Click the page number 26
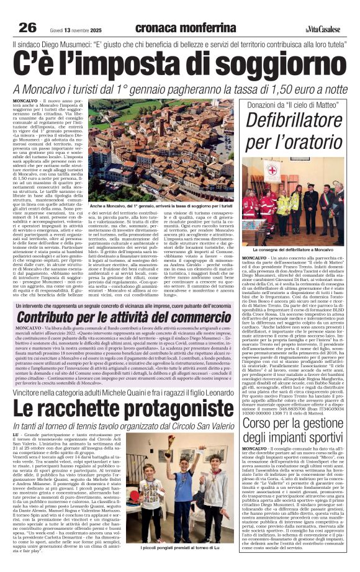point(28,27)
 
